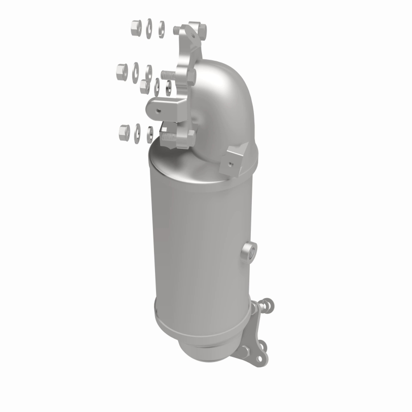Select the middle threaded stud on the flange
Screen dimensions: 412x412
[169, 75]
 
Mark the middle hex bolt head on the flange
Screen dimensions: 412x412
[192, 76]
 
